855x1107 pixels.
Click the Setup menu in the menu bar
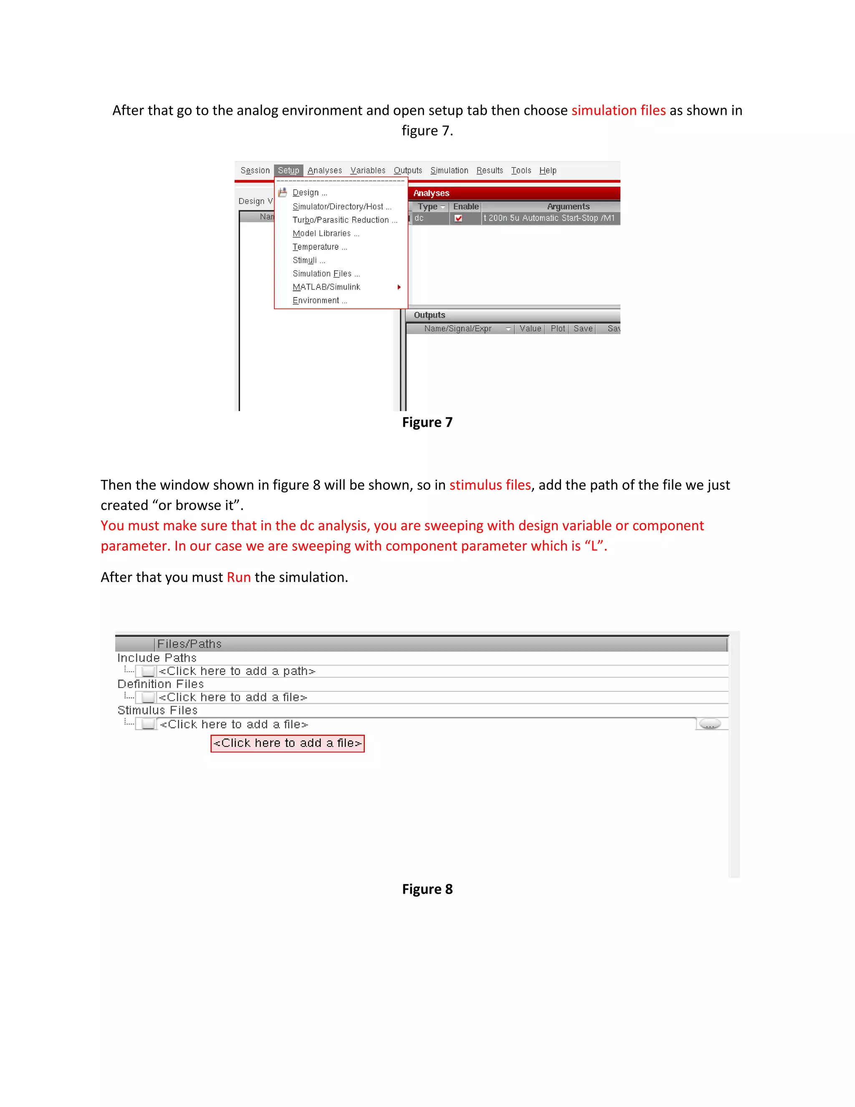pos(288,170)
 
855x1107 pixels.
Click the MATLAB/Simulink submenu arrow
pos(399,287)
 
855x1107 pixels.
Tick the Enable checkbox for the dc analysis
pos(458,218)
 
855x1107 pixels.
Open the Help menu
pos(548,170)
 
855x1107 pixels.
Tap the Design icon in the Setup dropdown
pos(283,193)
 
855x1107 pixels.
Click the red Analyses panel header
pos(514,193)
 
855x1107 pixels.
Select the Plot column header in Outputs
pos(557,328)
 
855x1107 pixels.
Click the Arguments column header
pos(568,206)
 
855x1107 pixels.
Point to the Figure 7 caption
pos(427,422)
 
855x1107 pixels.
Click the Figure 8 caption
pos(427,889)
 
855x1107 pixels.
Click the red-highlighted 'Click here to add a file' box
pos(287,743)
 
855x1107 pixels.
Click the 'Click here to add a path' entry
pos(237,671)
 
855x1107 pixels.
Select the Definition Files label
pos(161,684)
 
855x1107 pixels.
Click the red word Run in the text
pos(238,577)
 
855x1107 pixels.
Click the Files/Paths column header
pos(190,644)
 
